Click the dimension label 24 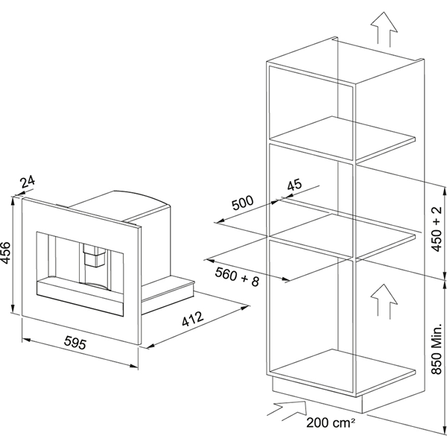28,181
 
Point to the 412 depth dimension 191,321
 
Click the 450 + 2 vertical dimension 437,223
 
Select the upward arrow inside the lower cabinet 381,299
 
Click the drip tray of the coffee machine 82,293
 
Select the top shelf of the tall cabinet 343,137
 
